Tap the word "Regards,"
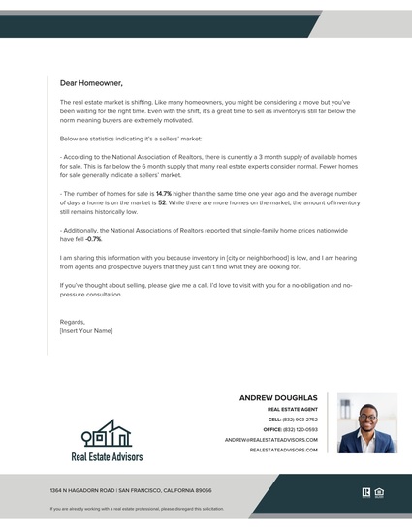73,322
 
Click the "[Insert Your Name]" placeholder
86,330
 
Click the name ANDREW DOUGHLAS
277,398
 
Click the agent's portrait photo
367,423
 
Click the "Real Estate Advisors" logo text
107,455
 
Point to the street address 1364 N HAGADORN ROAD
82,491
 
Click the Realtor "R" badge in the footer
366,491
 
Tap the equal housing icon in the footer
379,491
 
